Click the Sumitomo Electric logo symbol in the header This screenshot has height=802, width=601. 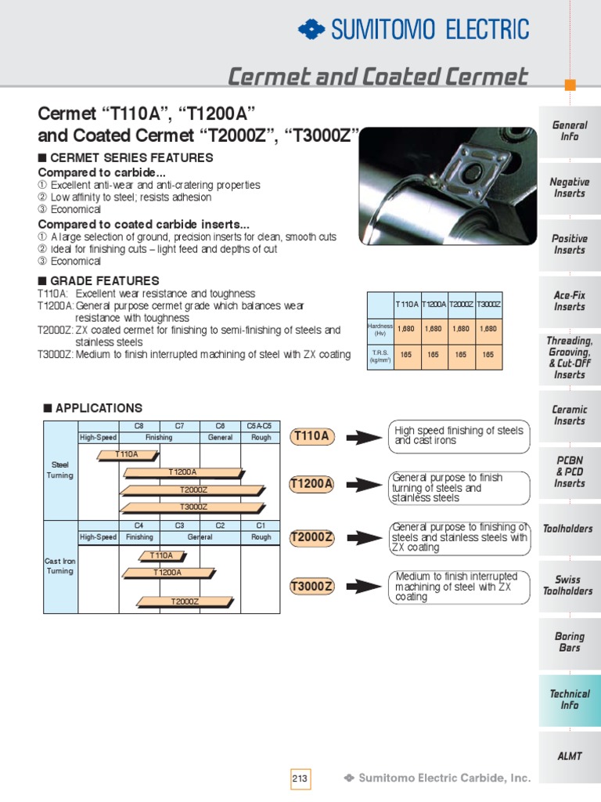tap(311, 30)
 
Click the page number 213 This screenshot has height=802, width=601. tap(300, 779)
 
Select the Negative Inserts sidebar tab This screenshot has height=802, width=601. tap(569, 187)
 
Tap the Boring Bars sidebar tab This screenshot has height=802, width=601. tap(569, 642)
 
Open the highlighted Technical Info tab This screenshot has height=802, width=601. tap(569, 699)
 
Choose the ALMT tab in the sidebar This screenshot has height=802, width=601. tap(569, 755)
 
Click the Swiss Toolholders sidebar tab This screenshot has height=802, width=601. tap(569, 585)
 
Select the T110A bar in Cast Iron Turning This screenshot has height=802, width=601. tap(161, 556)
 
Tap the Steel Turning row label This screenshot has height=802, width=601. tap(61, 470)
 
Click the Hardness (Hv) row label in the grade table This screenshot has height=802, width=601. tap(380, 329)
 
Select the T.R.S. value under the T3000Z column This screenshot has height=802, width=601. tap(488, 355)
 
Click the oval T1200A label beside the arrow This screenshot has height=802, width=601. tap(311, 484)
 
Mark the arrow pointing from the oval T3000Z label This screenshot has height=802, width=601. tap(362, 586)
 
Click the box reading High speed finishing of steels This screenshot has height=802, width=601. tap(459, 435)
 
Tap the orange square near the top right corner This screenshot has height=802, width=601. tap(570, 85)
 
